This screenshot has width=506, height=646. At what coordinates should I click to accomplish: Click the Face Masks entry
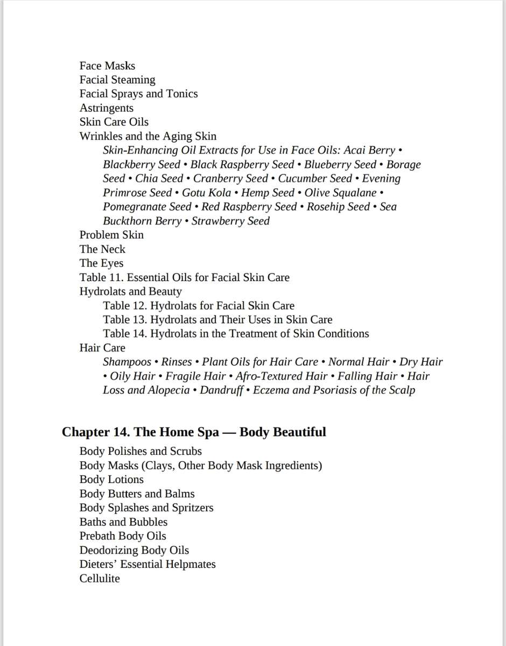107,66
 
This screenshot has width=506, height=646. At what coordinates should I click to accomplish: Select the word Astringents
106,108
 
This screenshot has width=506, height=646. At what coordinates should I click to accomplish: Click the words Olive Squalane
340,193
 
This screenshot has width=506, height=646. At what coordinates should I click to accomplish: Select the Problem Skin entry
111,235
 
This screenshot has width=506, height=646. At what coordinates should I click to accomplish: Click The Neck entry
102,249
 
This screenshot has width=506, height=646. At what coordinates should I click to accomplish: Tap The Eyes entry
101,263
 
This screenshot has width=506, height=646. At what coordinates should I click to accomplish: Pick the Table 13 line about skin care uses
217,319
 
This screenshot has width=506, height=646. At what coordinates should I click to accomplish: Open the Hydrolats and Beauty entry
130,291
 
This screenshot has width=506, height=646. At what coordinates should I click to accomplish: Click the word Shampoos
127,362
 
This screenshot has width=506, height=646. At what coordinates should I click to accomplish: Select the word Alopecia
167,390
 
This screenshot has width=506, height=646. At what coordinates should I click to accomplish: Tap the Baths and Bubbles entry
123,522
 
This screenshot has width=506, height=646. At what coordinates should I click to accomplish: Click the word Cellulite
100,578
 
